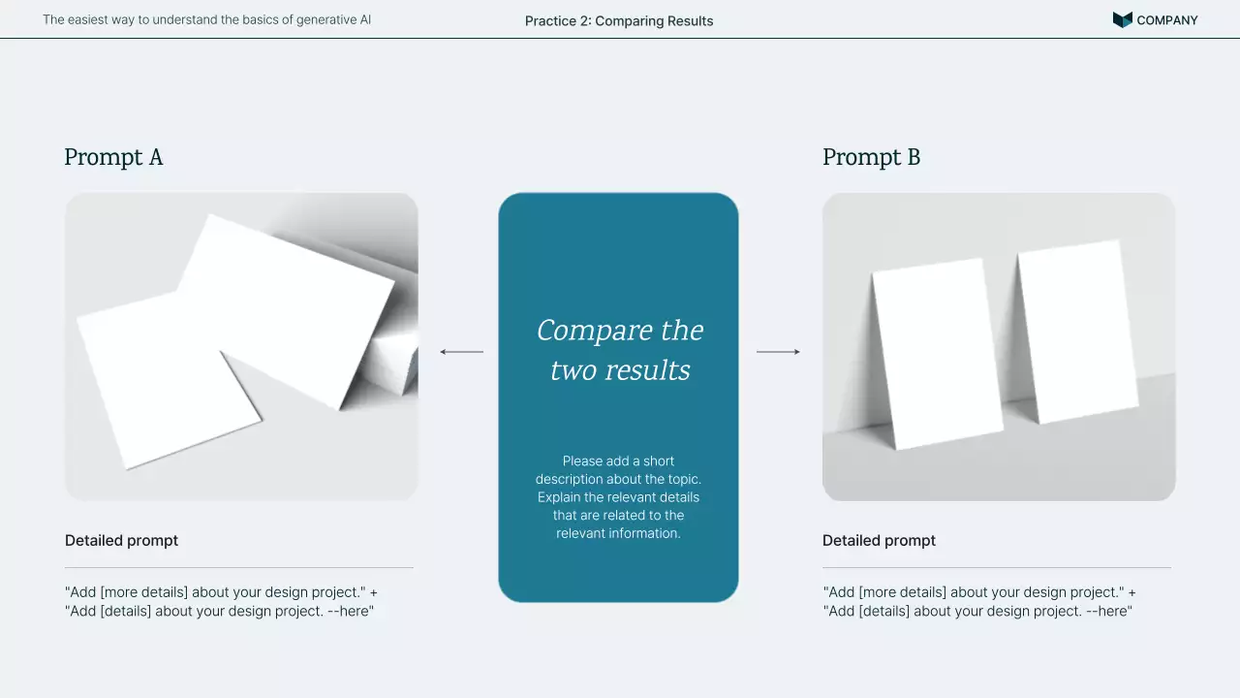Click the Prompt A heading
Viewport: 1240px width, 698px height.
coord(113,157)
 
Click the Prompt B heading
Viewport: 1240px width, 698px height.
coord(871,157)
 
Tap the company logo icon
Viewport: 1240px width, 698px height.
coord(1122,20)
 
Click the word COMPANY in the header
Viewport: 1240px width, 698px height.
coord(1167,20)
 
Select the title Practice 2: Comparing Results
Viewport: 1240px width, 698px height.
coord(619,21)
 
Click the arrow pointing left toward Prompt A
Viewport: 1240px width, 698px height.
coord(462,352)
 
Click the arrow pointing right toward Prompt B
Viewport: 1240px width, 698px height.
coord(778,352)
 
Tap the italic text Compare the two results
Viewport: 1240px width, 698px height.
coord(620,350)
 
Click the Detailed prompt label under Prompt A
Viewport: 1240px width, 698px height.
coord(121,541)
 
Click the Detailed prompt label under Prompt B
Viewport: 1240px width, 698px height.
coord(879,541)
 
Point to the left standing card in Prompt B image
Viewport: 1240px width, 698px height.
coord(937,355)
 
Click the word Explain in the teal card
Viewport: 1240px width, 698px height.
coord(559,497)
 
